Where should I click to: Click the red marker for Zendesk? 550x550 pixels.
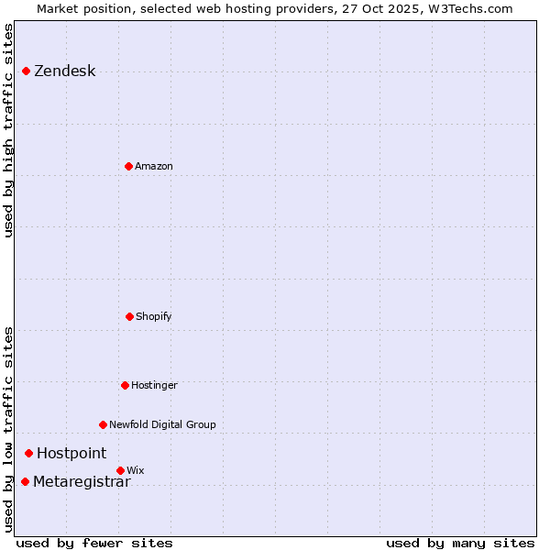26,71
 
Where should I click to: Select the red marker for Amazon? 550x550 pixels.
128,166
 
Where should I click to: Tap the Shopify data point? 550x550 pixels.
129,316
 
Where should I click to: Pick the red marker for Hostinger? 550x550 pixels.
125,385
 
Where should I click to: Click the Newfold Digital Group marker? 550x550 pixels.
103,424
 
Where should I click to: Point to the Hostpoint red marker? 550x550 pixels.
28,453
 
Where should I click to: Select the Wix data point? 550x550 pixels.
120,470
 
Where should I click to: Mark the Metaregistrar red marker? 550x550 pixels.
25,482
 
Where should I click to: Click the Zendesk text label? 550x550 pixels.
64,71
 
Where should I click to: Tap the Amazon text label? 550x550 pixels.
154,167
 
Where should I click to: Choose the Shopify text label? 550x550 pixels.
154,317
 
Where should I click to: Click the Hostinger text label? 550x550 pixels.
154,386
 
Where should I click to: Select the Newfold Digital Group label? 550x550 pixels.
162,425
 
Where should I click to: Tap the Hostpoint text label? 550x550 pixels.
71,454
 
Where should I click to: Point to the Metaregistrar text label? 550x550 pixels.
82,483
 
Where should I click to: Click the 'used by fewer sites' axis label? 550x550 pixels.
93,544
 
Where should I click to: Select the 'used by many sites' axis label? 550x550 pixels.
460,544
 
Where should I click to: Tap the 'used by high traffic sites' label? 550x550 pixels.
9,130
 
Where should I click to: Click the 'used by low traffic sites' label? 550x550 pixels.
9,429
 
